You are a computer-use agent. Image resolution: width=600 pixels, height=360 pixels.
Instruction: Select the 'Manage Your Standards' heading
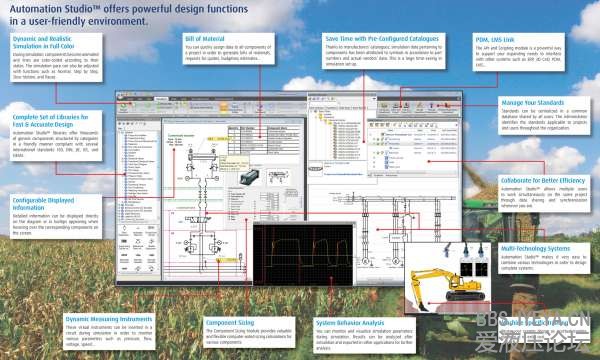[533, 103]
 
